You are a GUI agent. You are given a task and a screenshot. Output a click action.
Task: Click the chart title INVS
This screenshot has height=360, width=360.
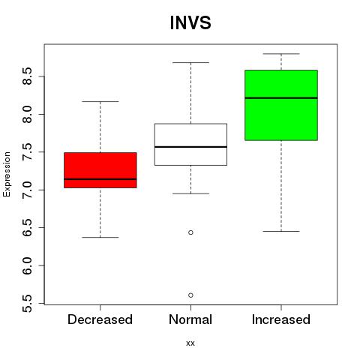190,22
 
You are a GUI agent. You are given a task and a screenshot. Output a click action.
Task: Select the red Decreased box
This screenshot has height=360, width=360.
100,170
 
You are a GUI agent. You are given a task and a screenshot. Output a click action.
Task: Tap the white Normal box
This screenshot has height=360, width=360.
190,145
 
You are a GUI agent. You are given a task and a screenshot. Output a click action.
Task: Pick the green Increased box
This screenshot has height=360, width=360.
281,105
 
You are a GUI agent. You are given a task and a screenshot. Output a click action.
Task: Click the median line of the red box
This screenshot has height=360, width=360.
100,179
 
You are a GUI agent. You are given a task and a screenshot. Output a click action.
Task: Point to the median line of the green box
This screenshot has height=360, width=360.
281,98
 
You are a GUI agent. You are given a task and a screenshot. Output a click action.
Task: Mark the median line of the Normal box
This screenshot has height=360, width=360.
190,147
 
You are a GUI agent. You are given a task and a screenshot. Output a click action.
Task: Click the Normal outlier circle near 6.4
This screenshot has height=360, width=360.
190,232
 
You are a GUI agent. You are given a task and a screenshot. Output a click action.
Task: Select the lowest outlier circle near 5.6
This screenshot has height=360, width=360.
190,295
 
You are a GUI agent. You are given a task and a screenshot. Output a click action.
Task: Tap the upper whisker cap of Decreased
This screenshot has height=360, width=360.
100,101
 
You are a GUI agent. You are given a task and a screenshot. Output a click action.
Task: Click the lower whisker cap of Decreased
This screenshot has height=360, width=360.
100,237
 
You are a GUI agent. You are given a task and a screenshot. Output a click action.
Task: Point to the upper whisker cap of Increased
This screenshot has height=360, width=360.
281,54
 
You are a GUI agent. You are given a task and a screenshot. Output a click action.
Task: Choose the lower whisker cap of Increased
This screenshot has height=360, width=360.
281,231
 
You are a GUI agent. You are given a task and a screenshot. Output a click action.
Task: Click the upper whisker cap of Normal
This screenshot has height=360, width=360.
190,62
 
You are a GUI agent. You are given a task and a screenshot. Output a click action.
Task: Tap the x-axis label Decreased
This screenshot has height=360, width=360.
100,319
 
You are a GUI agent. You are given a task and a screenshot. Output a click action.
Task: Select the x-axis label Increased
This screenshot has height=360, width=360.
281,319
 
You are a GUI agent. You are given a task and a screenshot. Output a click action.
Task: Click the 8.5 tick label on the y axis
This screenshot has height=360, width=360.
27,76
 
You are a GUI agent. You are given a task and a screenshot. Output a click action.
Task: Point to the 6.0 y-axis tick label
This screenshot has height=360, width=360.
27,265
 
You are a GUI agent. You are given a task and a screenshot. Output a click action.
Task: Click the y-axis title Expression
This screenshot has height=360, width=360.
7,174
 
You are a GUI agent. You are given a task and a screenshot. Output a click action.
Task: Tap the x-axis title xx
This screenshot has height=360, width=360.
190,343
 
